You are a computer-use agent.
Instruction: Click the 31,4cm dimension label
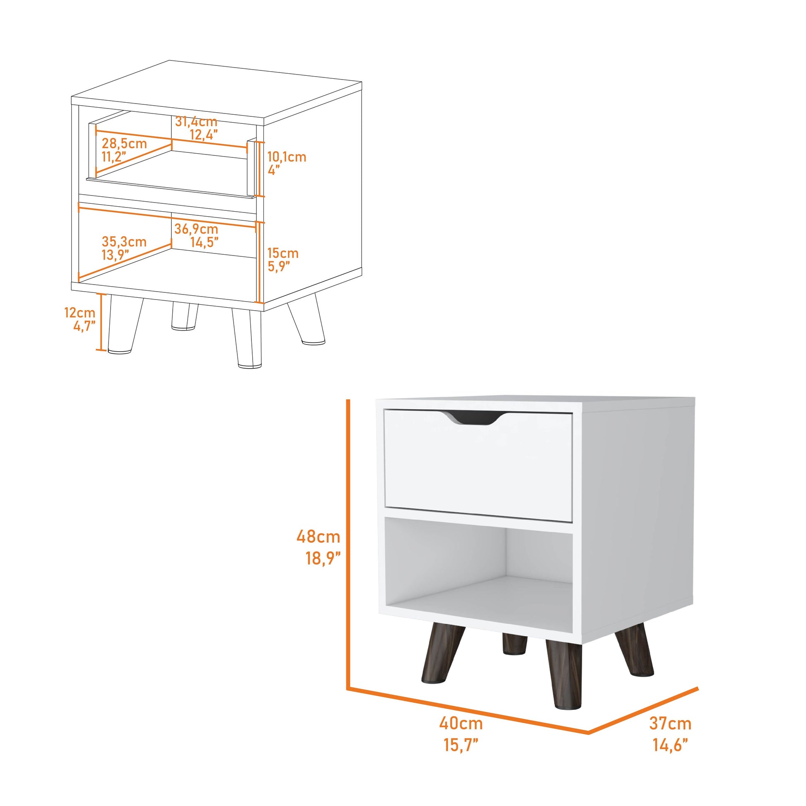(196, 122)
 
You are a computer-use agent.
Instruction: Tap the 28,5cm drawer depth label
(124, 143)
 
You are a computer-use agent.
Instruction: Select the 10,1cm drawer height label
(287, 157)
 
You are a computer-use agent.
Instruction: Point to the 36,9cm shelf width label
(196, 229)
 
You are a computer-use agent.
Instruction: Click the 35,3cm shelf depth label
(124, 241)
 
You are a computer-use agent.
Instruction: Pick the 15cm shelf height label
(283, 253)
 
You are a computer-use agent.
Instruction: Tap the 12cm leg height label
(80, 312)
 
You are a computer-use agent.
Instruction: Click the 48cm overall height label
(319, 536)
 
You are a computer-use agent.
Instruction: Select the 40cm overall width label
(461, 723)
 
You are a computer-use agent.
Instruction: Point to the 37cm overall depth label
(670, 724)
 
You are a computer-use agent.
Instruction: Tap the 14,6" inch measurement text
(671, 745)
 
